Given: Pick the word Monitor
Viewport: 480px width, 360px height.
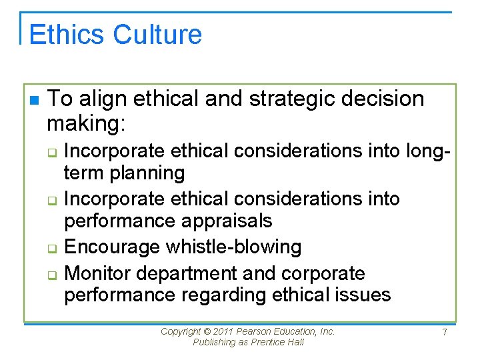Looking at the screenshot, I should coord(101,273).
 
